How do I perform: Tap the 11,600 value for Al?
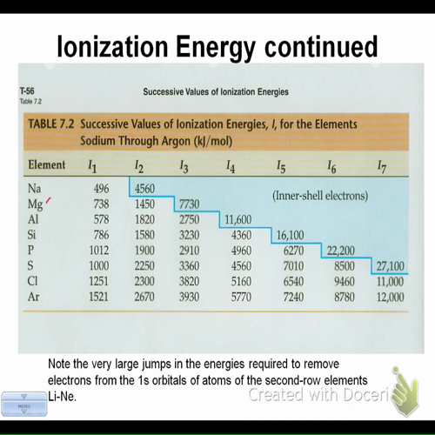(x=238, y=219)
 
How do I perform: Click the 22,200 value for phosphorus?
(x=340, y=251)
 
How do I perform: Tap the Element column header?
(x=47, y=164)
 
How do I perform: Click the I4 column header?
(x=230, y=165)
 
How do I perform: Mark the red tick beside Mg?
(x=50, y=202)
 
